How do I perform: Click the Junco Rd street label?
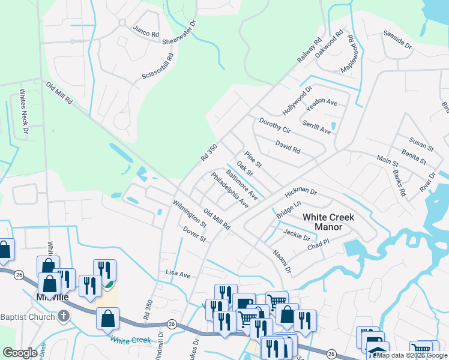146,32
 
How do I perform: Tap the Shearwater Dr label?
180,34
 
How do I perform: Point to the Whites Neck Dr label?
24,111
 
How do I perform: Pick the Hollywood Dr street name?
298,100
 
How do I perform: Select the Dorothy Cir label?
274,126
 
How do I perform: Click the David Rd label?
288,147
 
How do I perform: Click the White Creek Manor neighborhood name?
328,222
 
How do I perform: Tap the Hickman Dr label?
301,191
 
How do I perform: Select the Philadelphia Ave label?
230,190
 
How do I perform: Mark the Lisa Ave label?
178,274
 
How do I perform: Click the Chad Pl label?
319,245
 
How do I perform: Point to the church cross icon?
64,316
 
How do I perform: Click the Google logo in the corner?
20,353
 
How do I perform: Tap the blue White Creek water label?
130,340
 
